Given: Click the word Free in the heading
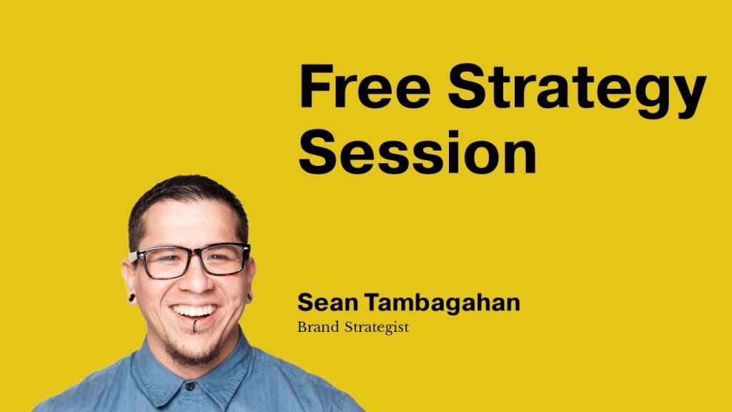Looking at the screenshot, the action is [365, 86].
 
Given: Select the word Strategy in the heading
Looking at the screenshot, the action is [577, 91].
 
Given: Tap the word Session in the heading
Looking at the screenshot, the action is [417, 152].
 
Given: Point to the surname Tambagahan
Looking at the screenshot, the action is [442, 303].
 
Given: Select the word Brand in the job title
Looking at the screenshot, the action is [318, 327].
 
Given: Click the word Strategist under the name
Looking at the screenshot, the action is [377, 328].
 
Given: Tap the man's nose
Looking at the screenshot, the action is [196, 280].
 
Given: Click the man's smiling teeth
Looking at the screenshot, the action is [194, 310].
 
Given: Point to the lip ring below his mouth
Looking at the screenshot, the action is [194, 325].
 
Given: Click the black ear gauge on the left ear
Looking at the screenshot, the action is [132, 298].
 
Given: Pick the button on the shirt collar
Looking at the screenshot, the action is [189, 386].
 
